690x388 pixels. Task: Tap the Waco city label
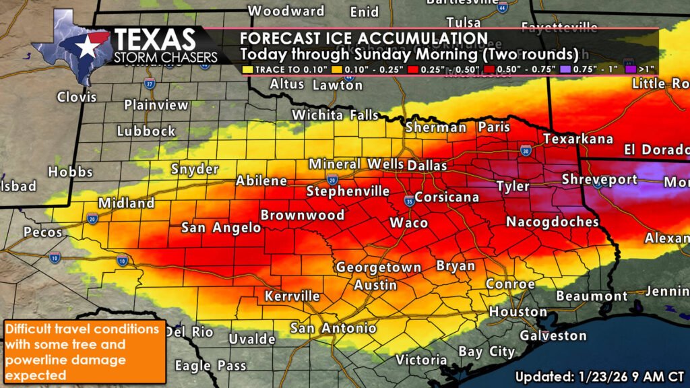pos(409,222)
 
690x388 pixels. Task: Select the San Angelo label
pos(221,228)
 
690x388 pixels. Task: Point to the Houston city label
pos(517,312)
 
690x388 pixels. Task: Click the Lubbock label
pos(146,131)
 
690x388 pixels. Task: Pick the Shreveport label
pos(600,179)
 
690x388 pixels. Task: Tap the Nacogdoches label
pos(552,222)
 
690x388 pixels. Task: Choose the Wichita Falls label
pos(335,116)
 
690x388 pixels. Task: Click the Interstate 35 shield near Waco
pos(409,200)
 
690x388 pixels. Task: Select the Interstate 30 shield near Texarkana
pos(525,150)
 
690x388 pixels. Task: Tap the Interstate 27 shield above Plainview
pos(149,84)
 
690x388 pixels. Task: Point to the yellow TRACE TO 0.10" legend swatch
pos(249,69)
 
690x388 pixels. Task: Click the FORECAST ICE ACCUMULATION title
pos(363,38)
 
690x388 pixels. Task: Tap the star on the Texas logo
pos(86,46)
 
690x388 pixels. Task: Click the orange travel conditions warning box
pos(83,351)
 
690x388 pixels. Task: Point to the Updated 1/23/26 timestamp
pos(600,375)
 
